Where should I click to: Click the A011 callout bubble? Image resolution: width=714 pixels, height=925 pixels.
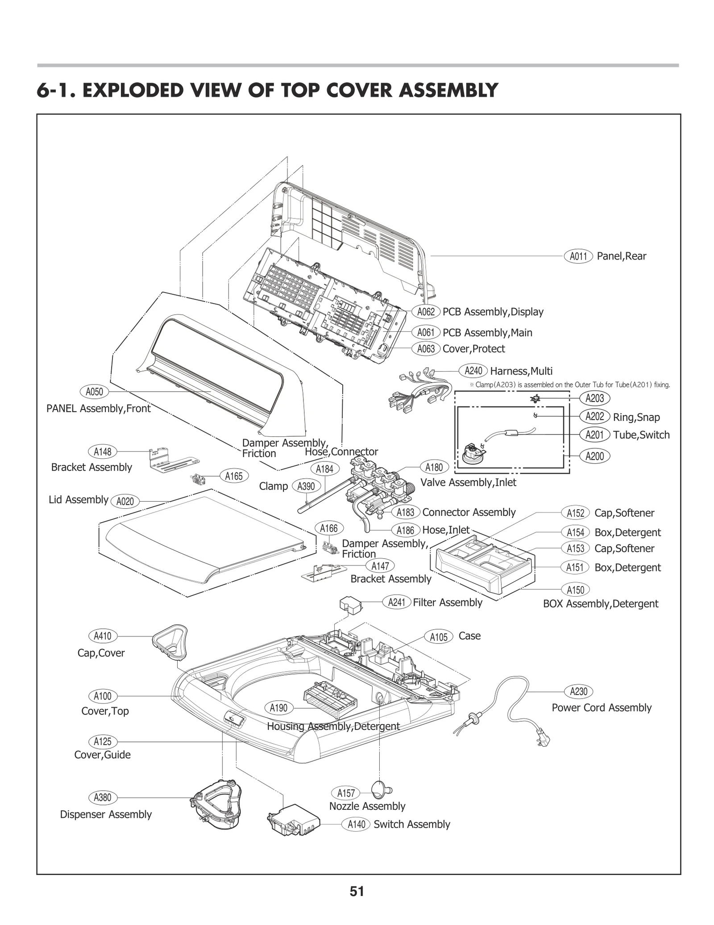578,256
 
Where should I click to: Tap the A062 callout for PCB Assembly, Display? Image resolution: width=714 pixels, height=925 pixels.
426,312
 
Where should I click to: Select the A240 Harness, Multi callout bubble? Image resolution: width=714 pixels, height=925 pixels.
473,371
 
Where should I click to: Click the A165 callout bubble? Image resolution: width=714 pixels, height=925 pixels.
234,476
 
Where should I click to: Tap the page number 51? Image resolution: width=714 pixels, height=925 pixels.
357,892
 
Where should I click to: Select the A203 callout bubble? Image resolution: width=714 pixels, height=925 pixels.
595,398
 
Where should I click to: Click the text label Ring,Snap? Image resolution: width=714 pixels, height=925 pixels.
636,417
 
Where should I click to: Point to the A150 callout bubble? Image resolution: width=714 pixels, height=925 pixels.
575,590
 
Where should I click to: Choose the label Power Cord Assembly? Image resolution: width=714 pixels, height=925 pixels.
601,707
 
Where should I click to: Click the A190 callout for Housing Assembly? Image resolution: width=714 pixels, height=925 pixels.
279,708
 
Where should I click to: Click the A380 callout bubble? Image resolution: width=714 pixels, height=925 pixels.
103,797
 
